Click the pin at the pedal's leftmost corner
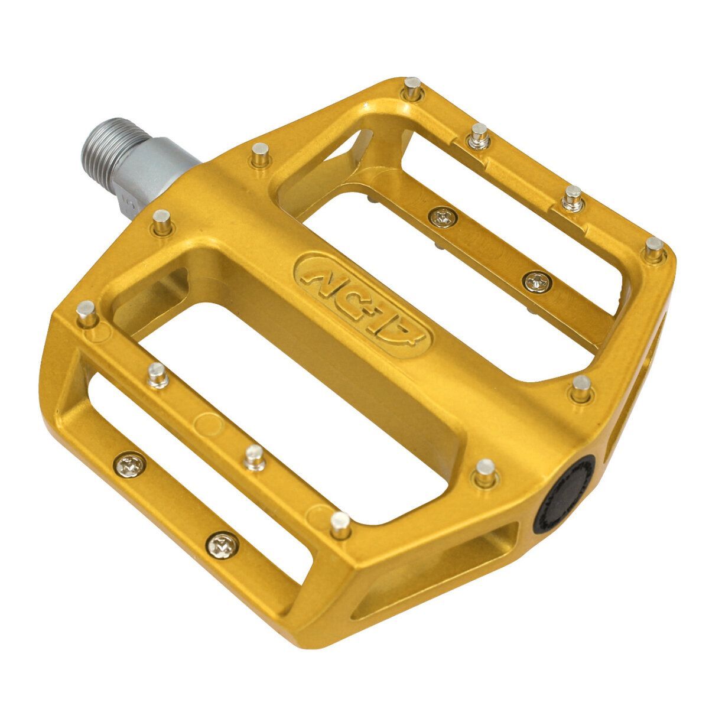87,313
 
